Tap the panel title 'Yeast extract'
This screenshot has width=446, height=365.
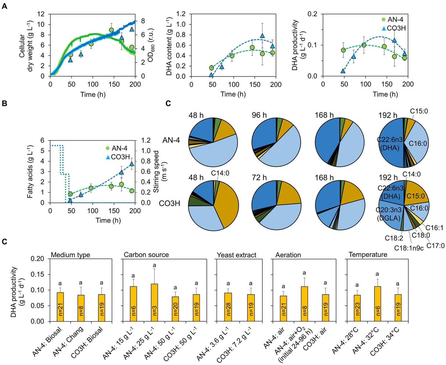pyautogui.click(x=237, y=255)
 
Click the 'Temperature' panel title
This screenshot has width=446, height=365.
pyautogui.click(x=368, y=255)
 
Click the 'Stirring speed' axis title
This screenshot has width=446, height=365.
pyautogui.click(x=156, y=171)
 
